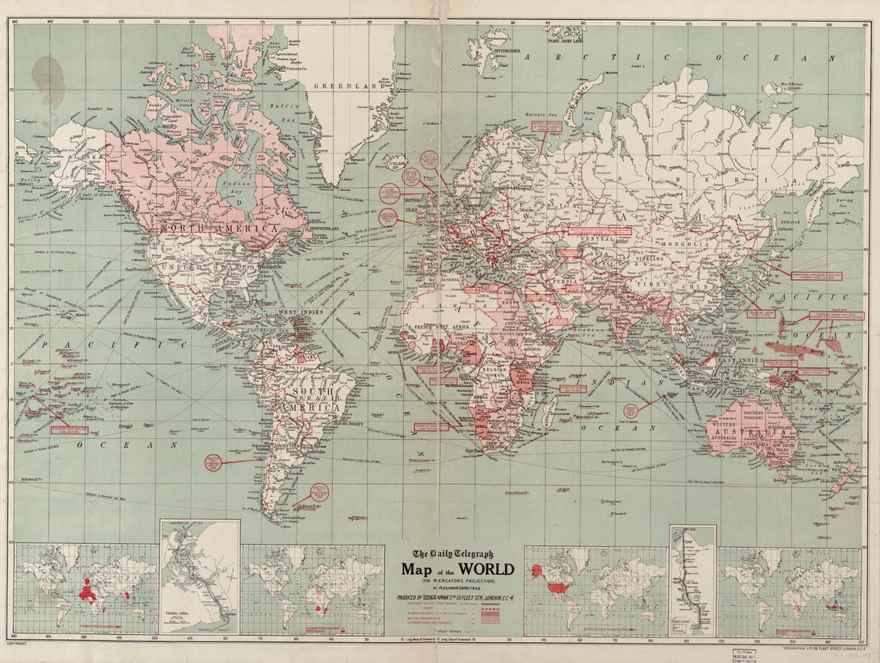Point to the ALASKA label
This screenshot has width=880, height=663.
(x=80, y=155)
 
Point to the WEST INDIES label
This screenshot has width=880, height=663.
(x=298, y=311)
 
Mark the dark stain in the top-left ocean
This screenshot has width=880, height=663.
(x=48, y=81)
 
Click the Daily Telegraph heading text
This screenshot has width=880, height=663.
(x=453, y=554)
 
